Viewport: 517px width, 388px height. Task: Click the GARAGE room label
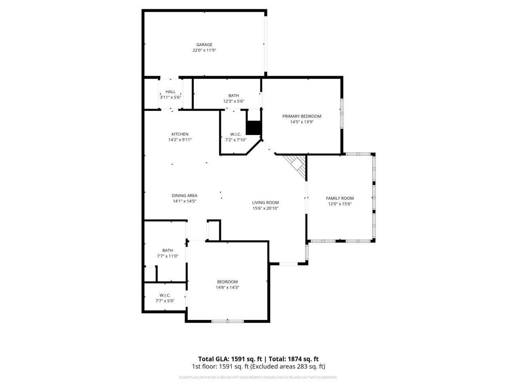[204, 44]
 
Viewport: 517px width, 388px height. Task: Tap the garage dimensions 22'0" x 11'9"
[204, 51]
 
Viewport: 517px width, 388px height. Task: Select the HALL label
[170, 92]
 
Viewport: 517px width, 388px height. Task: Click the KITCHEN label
[180, 134]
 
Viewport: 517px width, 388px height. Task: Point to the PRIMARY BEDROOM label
[302, 116]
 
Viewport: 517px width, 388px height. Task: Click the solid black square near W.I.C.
[254, 128]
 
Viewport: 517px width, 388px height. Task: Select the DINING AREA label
[185, 196]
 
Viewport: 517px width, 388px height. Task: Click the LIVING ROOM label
[265, 203]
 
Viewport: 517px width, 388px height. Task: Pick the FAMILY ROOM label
[340, 198]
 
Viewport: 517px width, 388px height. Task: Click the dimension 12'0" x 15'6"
[340, 204]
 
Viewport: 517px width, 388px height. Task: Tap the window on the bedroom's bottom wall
[228, 321]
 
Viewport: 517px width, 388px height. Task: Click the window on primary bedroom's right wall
[342, 114]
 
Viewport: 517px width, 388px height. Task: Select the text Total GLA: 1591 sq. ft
[229, 359]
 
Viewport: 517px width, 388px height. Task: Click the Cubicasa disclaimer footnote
[258, 377]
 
